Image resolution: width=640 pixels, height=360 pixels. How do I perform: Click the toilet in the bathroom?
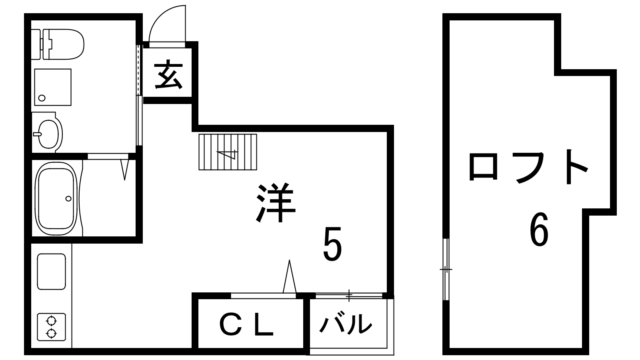(x=64, y=44)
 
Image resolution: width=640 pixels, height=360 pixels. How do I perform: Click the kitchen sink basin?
(x=51, y=272)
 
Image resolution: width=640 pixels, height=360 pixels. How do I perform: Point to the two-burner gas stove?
(x=51, y=327)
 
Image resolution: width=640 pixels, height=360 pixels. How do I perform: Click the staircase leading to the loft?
(x=228, y=152)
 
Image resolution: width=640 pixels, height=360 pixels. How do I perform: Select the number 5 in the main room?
(x=332, y=245)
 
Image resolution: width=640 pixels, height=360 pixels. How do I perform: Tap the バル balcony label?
(x=346, y=324)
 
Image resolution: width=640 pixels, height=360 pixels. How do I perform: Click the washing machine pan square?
(x=53, y=87)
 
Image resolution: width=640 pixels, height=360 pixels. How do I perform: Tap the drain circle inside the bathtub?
(x=68, y=198)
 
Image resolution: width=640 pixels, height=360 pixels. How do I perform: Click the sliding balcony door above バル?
(x=349, y=296)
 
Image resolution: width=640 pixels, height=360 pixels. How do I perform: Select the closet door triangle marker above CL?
(x=289, y=277)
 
